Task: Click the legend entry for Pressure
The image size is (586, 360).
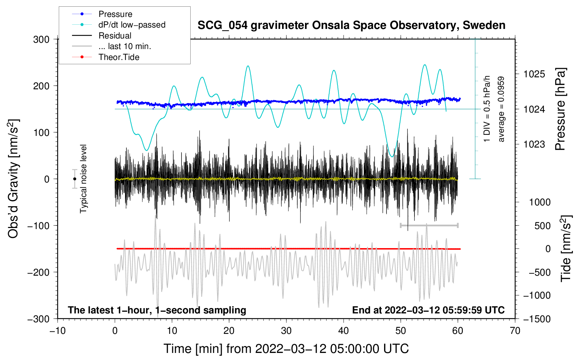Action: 102,14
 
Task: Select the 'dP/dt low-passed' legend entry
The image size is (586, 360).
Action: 119,25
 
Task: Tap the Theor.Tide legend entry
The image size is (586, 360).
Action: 106,57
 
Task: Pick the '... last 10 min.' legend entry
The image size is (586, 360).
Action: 112,46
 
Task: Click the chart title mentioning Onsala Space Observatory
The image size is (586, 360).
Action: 351,25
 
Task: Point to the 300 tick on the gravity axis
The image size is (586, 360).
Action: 41,40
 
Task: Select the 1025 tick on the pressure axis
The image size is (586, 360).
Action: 534,74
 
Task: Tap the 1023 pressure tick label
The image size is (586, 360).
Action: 534,144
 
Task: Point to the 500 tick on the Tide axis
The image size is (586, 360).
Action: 542,226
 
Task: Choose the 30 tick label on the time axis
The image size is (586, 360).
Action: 286,331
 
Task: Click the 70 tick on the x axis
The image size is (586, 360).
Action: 515,331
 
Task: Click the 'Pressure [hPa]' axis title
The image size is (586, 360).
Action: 560,109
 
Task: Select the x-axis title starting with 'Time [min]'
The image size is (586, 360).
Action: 286,349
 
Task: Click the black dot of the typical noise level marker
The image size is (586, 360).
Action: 74,179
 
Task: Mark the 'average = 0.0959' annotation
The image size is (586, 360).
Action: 501,109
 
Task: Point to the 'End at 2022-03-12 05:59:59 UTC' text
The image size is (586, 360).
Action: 428,310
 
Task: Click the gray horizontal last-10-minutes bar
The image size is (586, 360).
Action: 429,225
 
